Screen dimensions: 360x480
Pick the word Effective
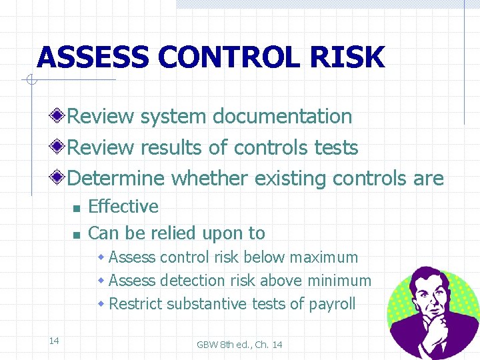pyautogui.click(x=123, y=207)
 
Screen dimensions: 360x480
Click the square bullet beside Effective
pyautogui.click(x=76, y=209)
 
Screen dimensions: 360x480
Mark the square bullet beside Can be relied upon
pyautogui.click(x=76, y=235)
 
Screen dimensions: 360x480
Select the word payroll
pyautogui.click(x=332, y=305)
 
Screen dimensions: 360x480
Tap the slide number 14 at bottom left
pyautogui.click(x=54, y=323)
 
